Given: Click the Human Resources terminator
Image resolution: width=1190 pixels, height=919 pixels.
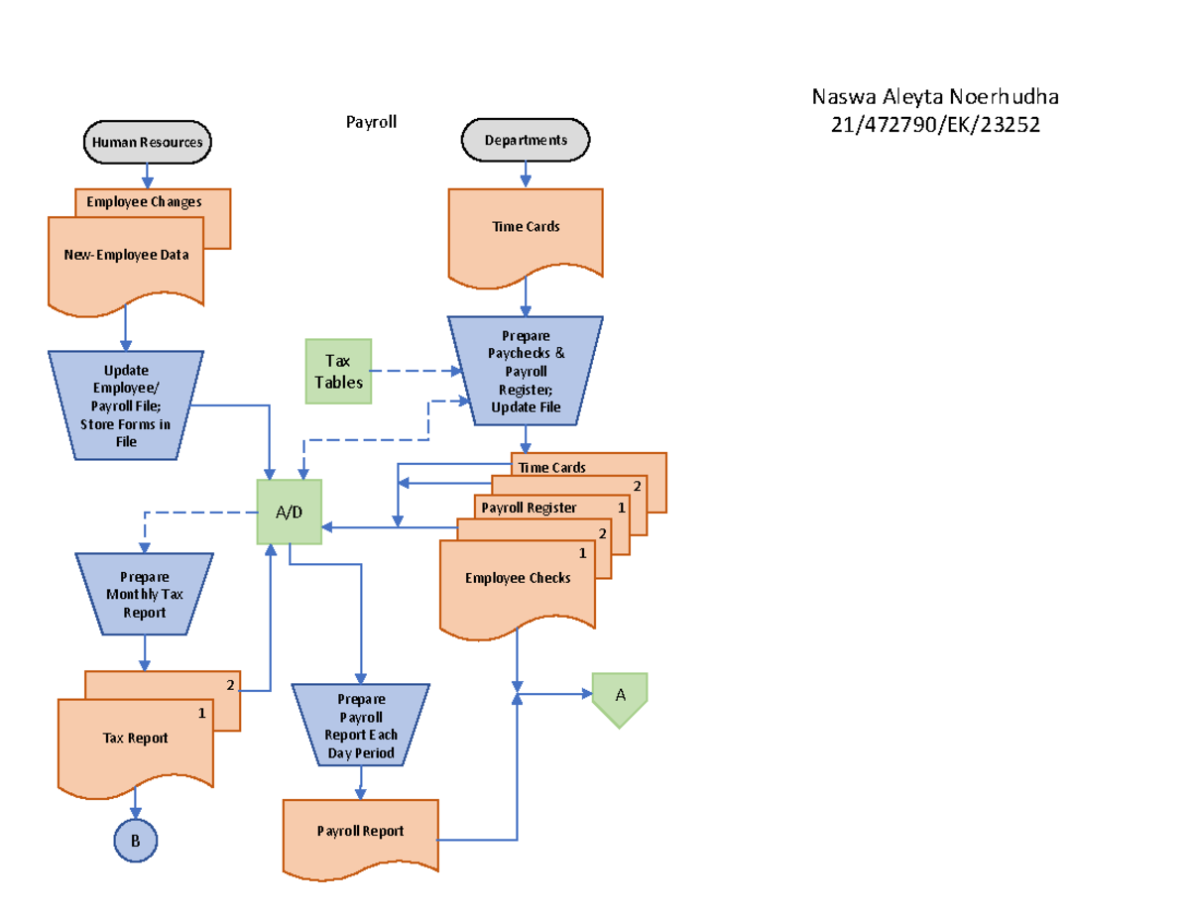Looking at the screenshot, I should (147, 142).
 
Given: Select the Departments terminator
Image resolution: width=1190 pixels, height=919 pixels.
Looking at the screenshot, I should (526, 140).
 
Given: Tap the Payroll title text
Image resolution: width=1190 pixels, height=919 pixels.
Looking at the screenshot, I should (371, 122).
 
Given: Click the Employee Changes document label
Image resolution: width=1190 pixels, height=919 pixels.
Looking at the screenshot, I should (144, 202).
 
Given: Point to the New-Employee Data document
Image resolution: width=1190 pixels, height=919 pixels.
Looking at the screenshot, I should (126, 256).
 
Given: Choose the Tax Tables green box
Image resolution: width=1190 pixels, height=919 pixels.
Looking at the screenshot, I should (338, 372).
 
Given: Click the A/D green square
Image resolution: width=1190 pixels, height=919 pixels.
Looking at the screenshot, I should (289, 512).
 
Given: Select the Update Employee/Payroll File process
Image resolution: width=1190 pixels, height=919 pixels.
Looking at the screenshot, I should (126, 405).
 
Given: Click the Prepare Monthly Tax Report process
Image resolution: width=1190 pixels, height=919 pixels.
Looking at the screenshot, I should (145, 594).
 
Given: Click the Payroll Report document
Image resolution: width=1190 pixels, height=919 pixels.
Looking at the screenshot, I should (360, 832).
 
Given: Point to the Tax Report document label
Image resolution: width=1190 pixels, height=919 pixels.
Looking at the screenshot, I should (135, 738).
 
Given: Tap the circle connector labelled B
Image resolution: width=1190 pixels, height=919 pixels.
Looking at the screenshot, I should (136, 841).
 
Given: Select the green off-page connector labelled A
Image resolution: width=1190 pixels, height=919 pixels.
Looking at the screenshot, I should (620, 696).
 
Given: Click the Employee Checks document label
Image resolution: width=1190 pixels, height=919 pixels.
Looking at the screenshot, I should (518, 578).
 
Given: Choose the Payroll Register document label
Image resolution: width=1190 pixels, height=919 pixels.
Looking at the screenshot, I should (529, 508).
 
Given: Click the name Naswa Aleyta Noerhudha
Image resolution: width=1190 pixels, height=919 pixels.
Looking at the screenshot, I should (935, 97).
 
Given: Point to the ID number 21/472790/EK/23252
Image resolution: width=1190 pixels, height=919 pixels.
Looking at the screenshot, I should (935, 124).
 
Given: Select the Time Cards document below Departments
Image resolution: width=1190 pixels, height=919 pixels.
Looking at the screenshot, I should (526, 227).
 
